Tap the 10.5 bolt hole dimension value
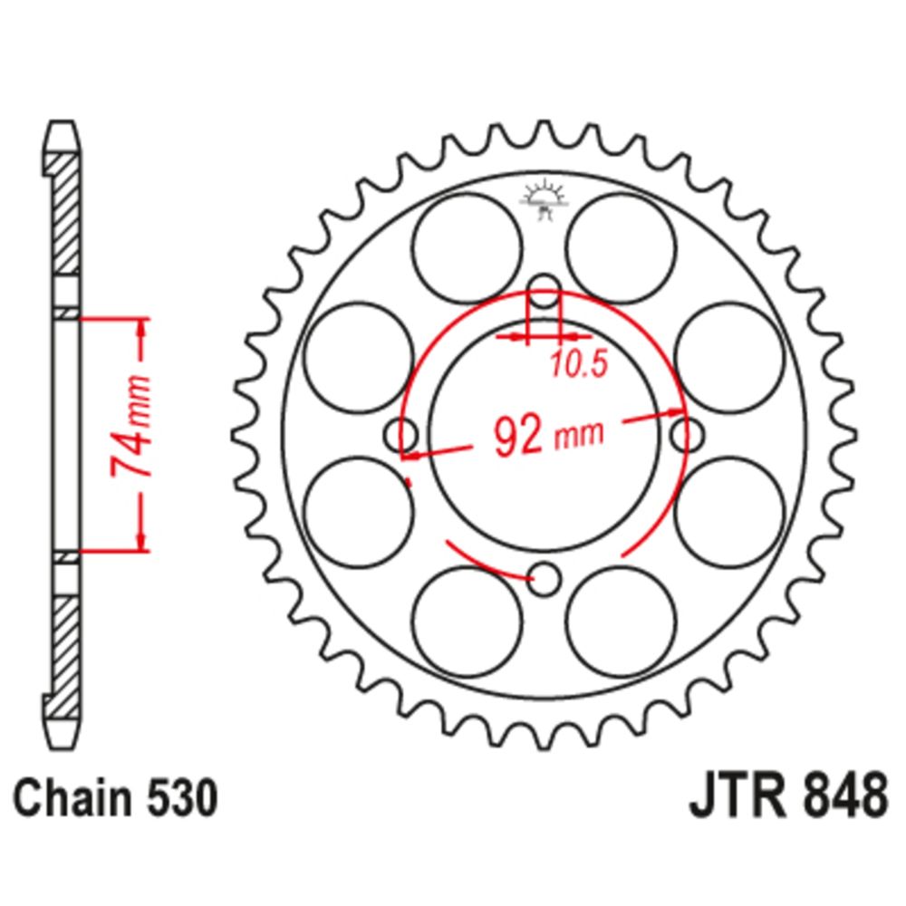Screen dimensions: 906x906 pos(578,364)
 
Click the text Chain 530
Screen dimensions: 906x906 pos(116,799)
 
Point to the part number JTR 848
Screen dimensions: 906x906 pos(788,796)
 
